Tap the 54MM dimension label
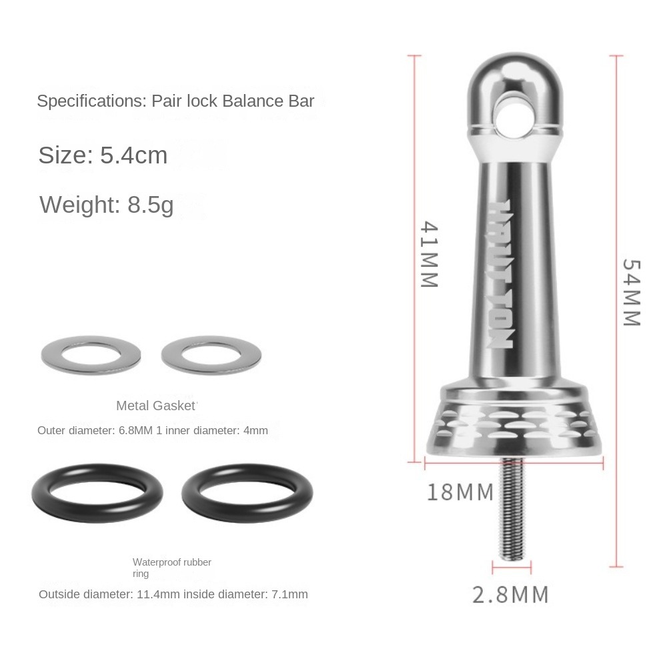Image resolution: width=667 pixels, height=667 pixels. tap(631, 292)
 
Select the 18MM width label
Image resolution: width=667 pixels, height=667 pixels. tap(460, 493)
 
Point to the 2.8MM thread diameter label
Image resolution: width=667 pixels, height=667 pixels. tap(511, 594)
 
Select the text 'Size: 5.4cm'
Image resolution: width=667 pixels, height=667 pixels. tap(103, 155)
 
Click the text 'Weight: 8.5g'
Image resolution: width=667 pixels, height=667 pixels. tap(107, 204)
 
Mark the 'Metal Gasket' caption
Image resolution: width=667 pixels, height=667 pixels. tap(156, 406)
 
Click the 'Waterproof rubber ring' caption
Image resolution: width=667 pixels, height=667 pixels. tap(171, 568)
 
